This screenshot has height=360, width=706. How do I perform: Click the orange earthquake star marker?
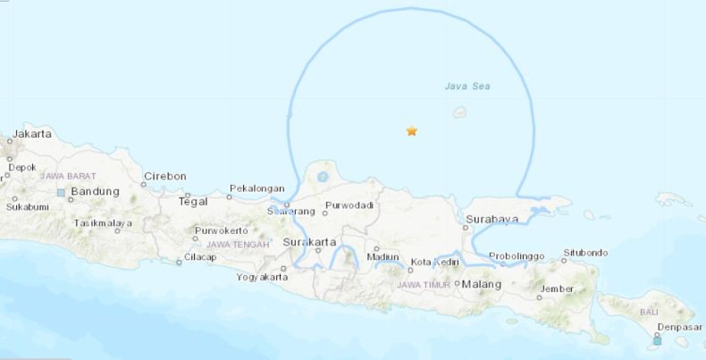click(411, 131)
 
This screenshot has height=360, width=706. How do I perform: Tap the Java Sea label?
click(467, 86)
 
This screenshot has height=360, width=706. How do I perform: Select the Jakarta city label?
click(33, 133)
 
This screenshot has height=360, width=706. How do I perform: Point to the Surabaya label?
click(492, 219)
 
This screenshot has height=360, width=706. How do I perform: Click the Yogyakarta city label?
click(262, 277)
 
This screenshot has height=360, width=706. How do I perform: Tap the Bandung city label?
click(95, 191)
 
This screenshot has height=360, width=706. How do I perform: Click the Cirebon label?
click(164, 175)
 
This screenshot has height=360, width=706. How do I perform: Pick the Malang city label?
click(482, 285)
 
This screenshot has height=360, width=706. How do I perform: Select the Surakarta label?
click(309, 242)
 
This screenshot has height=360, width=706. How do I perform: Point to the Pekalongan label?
click(256, 188)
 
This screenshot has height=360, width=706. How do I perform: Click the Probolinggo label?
click(517, 256)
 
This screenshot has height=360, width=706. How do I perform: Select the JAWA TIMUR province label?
click(424, 285)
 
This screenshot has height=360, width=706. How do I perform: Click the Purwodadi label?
click(349, 206)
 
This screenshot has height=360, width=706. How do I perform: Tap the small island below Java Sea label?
click(460, 113)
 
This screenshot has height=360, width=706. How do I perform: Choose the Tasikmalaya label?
click(103, 222)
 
